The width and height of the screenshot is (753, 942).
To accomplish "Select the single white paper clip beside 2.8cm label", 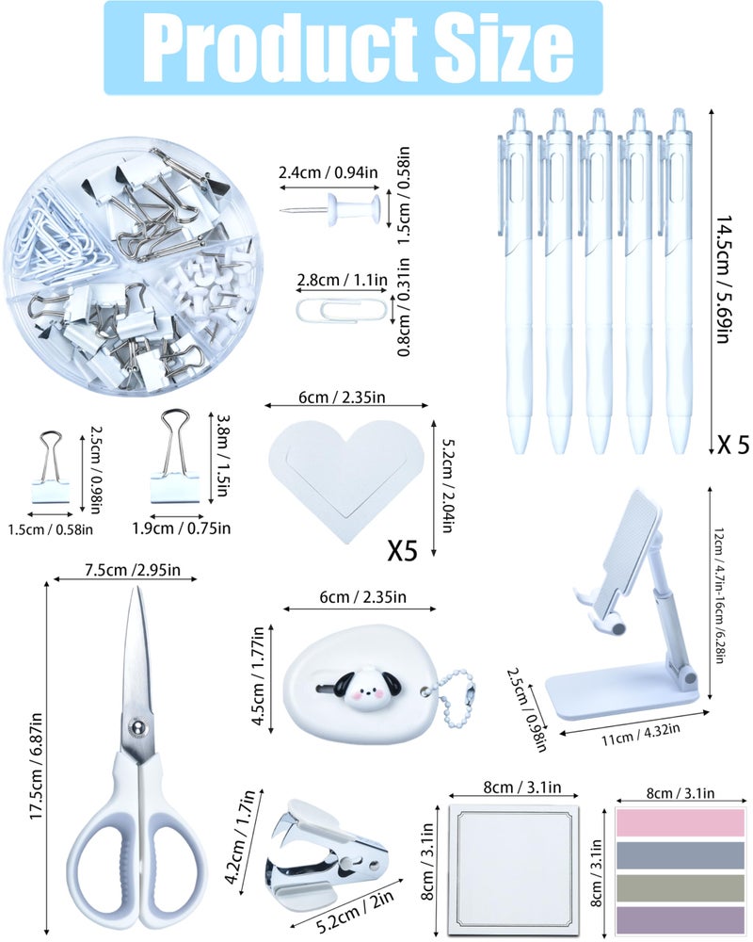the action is tap(341, 309).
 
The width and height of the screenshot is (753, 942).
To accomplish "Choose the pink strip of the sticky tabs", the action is tap(681, 823).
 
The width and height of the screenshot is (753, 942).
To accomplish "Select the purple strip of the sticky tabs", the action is tap(681, 920).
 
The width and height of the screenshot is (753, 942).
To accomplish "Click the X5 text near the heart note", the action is tap(402, 550).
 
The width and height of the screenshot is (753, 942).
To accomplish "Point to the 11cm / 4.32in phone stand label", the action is tap(641, 734).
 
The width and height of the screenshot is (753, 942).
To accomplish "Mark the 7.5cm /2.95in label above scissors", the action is tap(132, 570).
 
